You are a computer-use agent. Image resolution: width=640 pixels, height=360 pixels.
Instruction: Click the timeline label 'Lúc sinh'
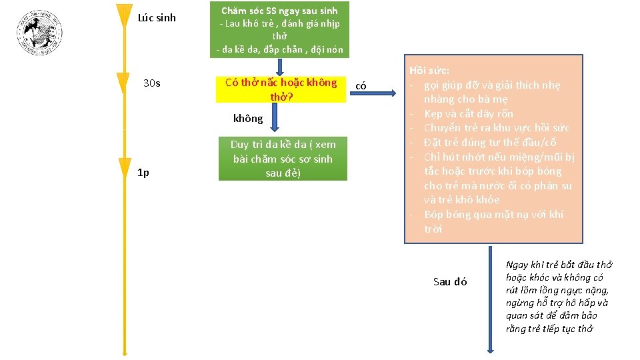click(157, 18)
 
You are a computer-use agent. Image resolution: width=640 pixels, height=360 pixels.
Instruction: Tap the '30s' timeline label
click(152, 83)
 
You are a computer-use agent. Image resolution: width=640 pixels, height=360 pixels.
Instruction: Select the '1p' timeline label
click(143, 173)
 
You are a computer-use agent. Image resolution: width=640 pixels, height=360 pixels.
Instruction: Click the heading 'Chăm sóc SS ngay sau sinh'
click(279, 11)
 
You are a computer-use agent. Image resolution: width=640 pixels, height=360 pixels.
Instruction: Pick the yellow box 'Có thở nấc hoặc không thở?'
click(281, 89)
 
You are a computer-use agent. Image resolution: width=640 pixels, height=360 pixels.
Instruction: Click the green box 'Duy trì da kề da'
click(283, 159)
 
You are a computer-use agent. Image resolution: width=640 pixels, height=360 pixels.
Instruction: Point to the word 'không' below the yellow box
click(248, 119)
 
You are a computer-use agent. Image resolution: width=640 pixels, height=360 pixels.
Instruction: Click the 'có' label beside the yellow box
click(361, 85)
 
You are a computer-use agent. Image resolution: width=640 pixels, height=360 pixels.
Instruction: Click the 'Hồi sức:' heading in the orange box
click(429, 70)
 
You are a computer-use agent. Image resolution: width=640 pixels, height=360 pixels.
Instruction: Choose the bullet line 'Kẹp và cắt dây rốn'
click(469, 113)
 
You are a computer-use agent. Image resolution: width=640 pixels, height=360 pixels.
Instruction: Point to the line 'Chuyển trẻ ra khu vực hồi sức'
click(496, 127)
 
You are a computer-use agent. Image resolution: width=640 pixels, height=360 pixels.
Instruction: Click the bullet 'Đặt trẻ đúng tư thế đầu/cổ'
click(490, 142)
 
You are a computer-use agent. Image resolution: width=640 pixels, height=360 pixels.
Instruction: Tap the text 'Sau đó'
click(450, 281)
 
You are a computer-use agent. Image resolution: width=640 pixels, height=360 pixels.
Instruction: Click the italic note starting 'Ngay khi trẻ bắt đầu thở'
click(559, 297)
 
